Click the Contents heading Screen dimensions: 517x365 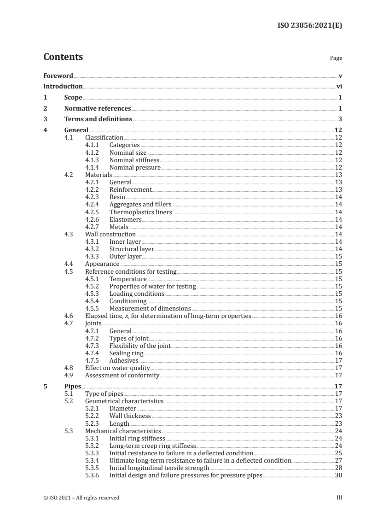pos(63,57)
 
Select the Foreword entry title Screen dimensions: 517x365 pos(58,76)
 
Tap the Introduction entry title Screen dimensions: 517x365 pos(63,86)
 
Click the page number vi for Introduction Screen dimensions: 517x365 pos(339,86)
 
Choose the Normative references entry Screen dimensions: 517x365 pos(98,109)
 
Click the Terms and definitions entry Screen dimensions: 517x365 pos(98,119)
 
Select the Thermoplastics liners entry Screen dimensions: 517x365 pos(140,212)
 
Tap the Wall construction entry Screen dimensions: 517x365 pos(110,235)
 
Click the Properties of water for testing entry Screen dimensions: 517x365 pos(152,287)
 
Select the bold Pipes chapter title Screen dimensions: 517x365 pos(73,387)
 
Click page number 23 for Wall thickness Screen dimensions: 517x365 pos(338,416)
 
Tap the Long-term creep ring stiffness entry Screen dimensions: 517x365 pos(152,446)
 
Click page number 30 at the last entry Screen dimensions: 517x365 pos(338,475)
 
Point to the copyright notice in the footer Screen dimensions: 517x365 pos(81,498)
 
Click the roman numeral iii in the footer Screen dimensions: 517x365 pos(340,498)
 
